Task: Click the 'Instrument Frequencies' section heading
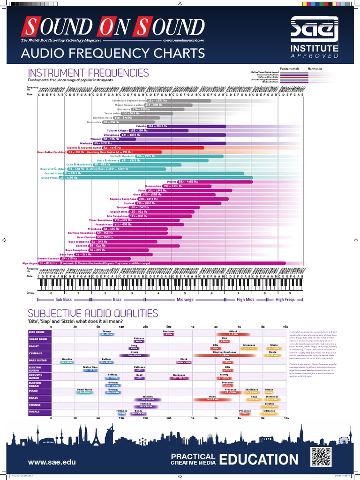pyautogui.click(x=89, y=73)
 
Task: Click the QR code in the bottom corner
pyautogui.click(x=321, y=457)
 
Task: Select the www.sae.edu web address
pyautogui.click(x=52, y=462)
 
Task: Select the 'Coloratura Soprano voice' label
pyautogui.click(x=128, y=100)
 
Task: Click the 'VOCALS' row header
pyautogui.click(x=34, y=412)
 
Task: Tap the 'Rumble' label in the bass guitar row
pyautogui.click(x=67, y=359)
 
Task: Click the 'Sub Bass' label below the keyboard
pyautogui.click(x=64, y=299)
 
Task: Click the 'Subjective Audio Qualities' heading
pyautogui.click(x=93, y=314)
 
